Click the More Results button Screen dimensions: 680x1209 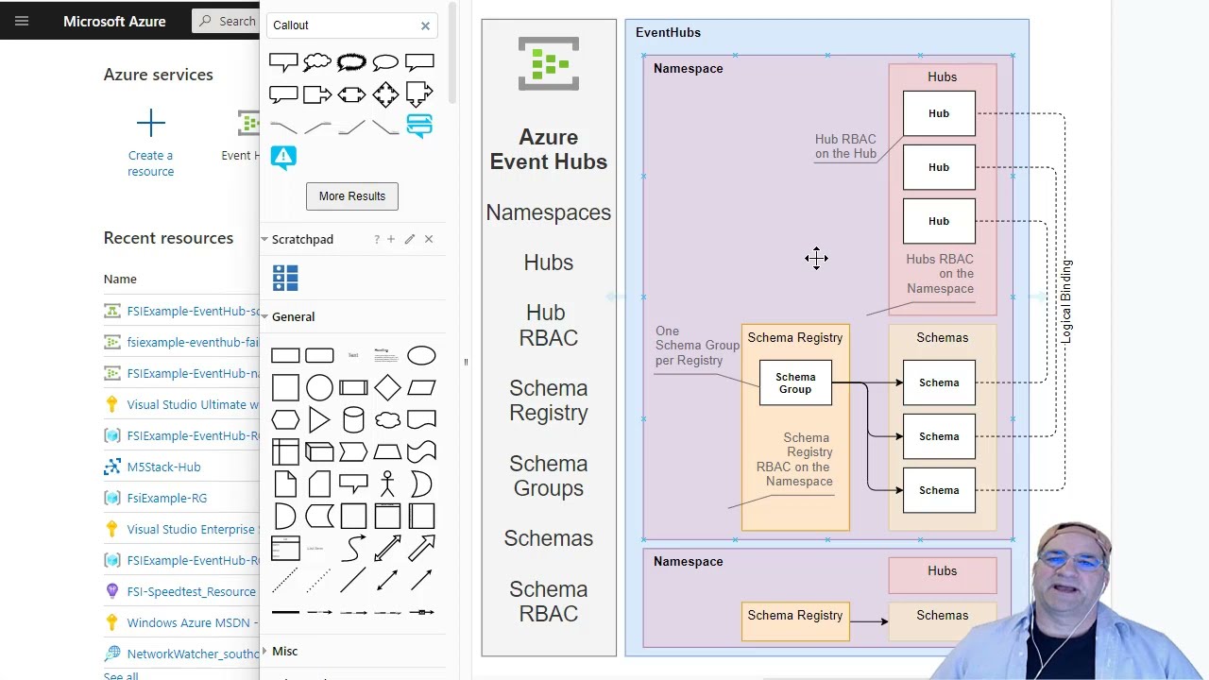[352, 196]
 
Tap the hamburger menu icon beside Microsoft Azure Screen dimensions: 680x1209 [22, 21]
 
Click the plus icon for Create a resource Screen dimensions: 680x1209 [151, 123]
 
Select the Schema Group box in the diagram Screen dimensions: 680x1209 [795, 382]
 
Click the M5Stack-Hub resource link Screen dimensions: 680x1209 [163, 467]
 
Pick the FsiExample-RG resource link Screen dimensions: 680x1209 [166, 498]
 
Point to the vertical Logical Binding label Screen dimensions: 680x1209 [1066, 301]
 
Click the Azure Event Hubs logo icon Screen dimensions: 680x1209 [549, 63]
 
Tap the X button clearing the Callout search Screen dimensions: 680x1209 [425, 25]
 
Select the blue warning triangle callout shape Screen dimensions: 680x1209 [283, 157]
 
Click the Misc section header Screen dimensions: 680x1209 [284, 651]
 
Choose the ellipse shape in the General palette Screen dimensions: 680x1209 [421, 356]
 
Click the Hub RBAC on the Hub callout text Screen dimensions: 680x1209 [845, 146]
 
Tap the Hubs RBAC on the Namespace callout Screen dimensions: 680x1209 [939, 274]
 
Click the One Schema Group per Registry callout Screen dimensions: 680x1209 [696, 346]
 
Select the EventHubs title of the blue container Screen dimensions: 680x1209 [668, 32]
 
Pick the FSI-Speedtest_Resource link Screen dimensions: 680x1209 [191, 591]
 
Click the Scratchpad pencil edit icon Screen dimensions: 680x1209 [410, 239]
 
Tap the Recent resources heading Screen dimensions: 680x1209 [168, 238]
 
